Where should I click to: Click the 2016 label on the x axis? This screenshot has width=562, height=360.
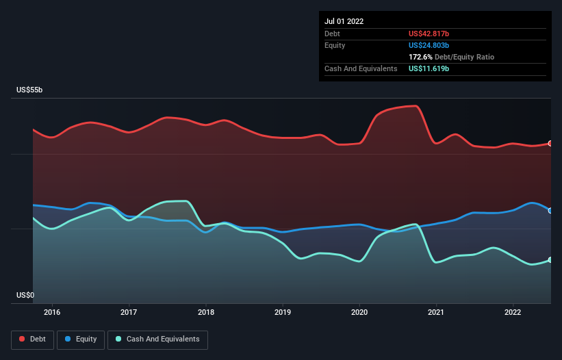tap(52, 312)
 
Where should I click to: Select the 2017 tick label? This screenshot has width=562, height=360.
tap(129, 312)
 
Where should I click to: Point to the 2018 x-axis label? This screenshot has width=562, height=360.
tap(206, 312)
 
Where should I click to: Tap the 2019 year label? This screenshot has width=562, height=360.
tap(283, 312)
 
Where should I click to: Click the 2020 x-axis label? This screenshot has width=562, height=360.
tap(359, 312)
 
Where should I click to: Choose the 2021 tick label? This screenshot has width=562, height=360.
tap(436, 312)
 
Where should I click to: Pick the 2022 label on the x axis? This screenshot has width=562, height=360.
tap(513, 312)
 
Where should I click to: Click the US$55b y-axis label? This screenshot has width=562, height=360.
tap(29, 90)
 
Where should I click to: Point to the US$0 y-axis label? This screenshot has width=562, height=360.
tap(25, 295)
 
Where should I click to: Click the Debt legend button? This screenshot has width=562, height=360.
tap(33, 339)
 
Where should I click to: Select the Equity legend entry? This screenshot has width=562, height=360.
tap(81, 339)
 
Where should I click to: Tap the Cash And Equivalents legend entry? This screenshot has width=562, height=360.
tap(157, 339)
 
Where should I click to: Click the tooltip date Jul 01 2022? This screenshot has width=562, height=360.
tap(344, 21)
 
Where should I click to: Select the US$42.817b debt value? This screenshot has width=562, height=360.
tap(429, 34)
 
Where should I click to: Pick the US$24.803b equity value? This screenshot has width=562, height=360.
tap(429, 45)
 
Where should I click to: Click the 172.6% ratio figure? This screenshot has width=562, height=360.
tap(420, 57)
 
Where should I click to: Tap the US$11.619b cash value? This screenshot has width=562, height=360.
tap(429, 68)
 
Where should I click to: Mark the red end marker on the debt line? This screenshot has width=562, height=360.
tap(550, 143)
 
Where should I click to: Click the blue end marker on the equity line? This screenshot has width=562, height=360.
tap(550, 211)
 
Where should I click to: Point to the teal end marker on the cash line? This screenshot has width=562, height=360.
tap(550, 259)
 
